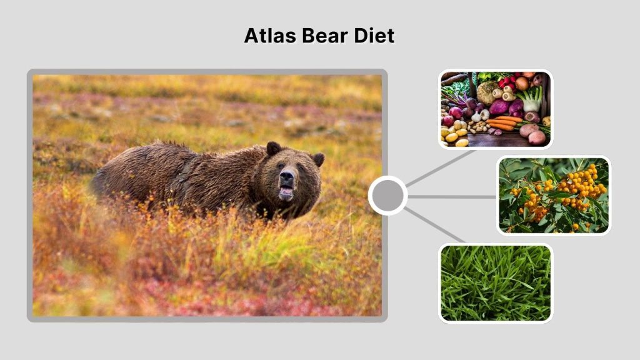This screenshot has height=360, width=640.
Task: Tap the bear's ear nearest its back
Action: [x=273, y=148]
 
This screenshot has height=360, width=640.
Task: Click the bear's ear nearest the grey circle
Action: [x=318, y=159]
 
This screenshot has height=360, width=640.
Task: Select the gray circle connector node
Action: [x=387, y=196]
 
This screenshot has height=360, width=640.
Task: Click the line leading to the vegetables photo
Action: [x=440, y=167]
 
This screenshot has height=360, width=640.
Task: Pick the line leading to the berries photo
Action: [x=452, y=196]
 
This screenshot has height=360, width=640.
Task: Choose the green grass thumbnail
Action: [x=496, y=282]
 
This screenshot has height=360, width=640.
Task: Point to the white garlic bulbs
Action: [x=480, y=115]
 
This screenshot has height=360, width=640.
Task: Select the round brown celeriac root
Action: [x=487, y=92]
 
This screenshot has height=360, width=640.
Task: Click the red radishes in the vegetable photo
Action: [x=507, y=82]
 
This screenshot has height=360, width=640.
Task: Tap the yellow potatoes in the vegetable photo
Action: [x=454, y=134]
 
